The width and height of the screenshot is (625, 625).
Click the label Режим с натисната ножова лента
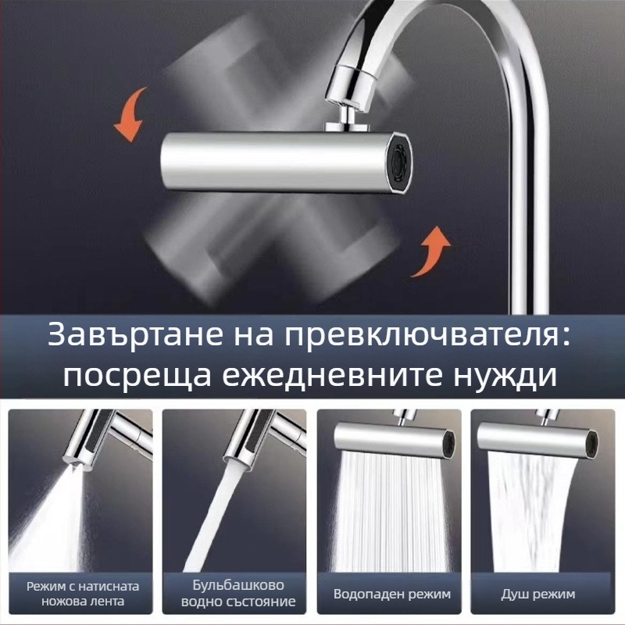(83, 594)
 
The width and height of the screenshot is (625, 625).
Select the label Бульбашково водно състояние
(238, 593)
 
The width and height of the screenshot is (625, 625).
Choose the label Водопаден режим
(392, 594)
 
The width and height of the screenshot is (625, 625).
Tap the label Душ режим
(537, 595)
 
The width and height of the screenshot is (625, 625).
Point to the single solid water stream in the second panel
(207, 518)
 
